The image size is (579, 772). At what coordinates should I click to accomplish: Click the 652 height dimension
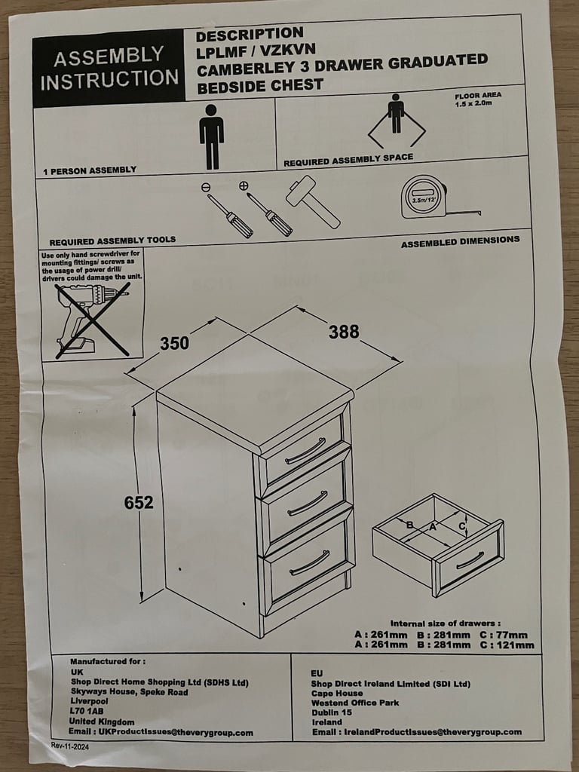tap(139, 503)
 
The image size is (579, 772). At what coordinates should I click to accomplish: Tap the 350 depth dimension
tap(174, 343)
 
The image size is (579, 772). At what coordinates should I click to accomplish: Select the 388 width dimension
tap(344, 332)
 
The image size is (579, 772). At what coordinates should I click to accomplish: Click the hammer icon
tap(312, 201)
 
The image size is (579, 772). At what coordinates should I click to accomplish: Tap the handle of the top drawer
tap(305, 451)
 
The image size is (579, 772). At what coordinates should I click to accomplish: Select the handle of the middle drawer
tap(308, 504)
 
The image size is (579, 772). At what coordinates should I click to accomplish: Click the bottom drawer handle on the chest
tap(309, 562)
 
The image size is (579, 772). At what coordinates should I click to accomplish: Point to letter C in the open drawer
tap(462, 526)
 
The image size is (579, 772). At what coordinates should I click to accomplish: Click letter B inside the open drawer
tap(409, 525)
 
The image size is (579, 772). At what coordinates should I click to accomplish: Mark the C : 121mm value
tap(507, 645)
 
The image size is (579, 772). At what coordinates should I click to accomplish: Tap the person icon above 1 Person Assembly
tap(211, 137)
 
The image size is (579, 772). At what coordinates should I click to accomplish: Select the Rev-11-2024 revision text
tap(70, 746)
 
